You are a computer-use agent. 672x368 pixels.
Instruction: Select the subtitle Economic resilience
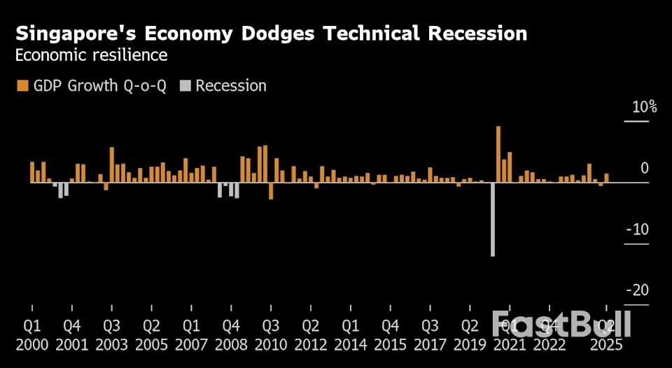pyautogui.click(x=91, y=55)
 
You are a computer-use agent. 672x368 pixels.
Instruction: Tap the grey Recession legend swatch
pyautogui.click(x=185, y=86)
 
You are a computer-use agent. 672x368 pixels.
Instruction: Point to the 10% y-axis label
pyautogui.click(x=644, y=107)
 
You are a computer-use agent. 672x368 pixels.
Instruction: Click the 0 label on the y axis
pyautogui.click(x=644, y=169)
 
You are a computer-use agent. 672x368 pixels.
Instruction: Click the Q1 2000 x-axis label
pyautogui.click(x=32, y=335)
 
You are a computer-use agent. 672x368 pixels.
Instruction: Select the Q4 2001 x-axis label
pyautogui.click(x=71, y=335)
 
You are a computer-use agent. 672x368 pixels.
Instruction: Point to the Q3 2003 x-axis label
pyautogui.click(x=111, y=335)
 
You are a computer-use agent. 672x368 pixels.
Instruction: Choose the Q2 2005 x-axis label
pyautogui.click(x=151, y=335)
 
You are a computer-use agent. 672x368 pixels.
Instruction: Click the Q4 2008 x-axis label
pyautogui.click(x=231, y=335)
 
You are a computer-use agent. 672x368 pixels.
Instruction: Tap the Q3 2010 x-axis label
pyautogui.click(x=271, y=335)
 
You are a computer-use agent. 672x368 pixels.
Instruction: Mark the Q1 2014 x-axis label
pyautogui.click(x=351, y=335)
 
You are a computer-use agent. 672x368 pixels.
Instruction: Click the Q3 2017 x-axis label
pyautogui.click(x=430, y=335)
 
